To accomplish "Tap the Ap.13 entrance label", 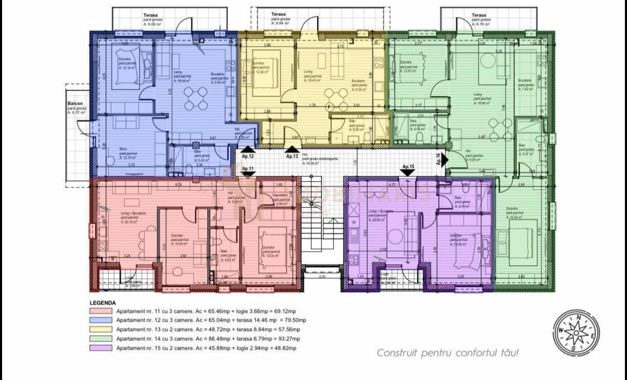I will tap(292, 156).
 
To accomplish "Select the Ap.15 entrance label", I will tap(408, 167).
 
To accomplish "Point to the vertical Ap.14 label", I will tap(438, 159).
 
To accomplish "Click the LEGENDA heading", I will tap(103, 303).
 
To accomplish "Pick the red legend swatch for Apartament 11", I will tap(100, 311).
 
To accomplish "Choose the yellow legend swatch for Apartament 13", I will tap(100, 329).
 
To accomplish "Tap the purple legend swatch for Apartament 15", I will tap(100, 348).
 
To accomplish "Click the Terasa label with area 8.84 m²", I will tap(278, 15).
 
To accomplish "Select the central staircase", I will tap(322, 230).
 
